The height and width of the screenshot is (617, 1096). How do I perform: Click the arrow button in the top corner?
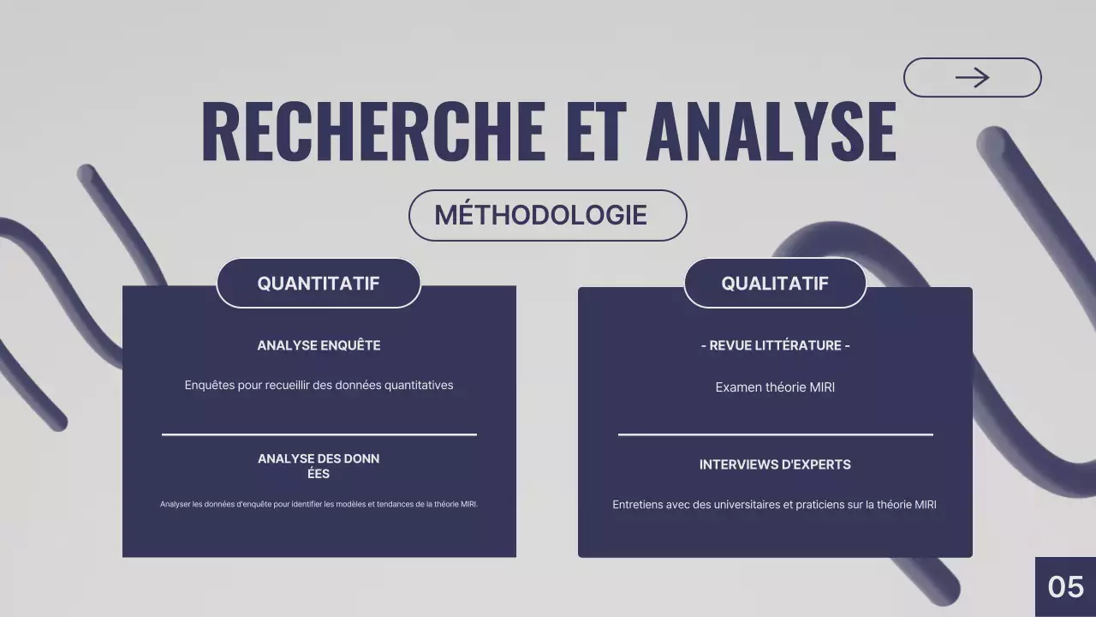pyautogui.click(x=972, y=78)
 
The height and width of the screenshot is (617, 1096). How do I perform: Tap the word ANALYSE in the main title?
pyautogui.click(x=771, y=132)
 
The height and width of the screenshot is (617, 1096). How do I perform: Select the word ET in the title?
pyautogui.click(x=595, y=132)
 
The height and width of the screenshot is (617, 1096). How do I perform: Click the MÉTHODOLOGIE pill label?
pyautogui.click(x=540, y=215)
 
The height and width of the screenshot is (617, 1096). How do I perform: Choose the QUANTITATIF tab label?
pyautogui.click(x=319, y=284)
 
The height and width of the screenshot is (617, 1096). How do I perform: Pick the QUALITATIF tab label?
pyautogui.click(x=775, y=284)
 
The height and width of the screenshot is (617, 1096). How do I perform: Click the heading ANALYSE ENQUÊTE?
pyautogui.click(x=319, y=345)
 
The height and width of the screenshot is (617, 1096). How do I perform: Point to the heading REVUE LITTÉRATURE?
pyautogui.click(x=775, y=345)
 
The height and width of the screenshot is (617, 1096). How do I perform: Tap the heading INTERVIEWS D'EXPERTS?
pyautogui.click(x=775, y=464)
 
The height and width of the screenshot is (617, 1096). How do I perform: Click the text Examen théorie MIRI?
pyautogui.click(x=775, y=387)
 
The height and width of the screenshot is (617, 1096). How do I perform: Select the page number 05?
pyautogui.click(x=1066, y=587)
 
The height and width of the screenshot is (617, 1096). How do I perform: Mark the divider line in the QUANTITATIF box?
pyautogui.click(x=319, y=434)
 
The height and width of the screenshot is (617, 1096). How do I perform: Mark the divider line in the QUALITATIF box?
pyautogui.click(x=775, y=434)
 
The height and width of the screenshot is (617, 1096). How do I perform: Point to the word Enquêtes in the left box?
pyautogui.click(x=209, y=386)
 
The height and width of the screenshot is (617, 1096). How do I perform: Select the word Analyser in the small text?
pyautogui.click(x=175, y=504)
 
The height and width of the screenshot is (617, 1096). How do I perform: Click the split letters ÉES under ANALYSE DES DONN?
pyautogui.click(x=319, y=473)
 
